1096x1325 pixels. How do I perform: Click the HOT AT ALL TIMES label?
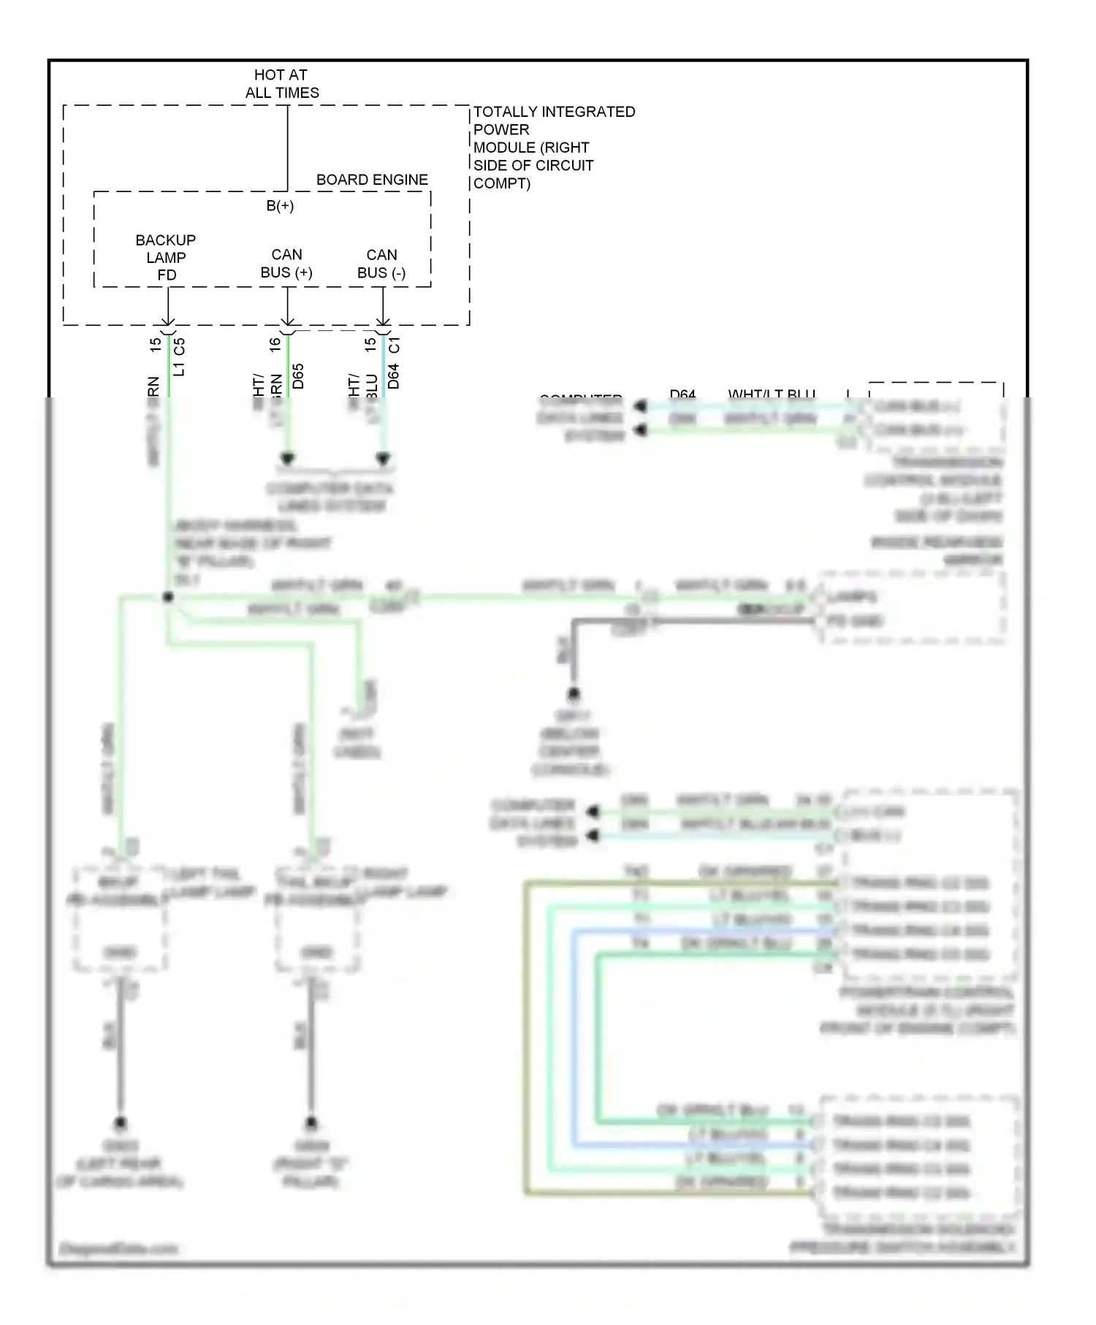pos(281,84)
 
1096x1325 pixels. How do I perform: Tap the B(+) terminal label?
pos(280,206)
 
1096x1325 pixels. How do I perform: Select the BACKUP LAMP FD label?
pos(166,257)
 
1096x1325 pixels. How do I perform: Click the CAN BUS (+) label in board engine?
pos(286,264)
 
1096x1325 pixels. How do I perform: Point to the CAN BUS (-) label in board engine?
pos(381,264)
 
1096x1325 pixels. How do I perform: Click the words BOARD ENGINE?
pos(372,180)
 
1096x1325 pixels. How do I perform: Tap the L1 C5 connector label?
pos(180,356)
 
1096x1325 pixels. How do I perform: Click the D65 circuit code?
pos(298,375)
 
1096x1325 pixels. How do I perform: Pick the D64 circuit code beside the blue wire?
pos(394,375)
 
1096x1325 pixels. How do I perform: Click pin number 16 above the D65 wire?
pos(275,344)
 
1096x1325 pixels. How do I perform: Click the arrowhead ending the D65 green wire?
pos(288,459)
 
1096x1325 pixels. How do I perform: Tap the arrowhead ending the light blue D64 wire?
pos(383,459)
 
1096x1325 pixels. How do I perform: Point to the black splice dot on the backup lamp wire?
pos(168,597)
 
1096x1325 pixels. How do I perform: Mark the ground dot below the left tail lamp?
pos(121,1123)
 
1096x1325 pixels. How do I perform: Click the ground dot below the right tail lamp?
pos(311,1123)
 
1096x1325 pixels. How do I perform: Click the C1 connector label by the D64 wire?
pos(395,344)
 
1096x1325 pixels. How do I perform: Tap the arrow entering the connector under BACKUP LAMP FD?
pos(168,320)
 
